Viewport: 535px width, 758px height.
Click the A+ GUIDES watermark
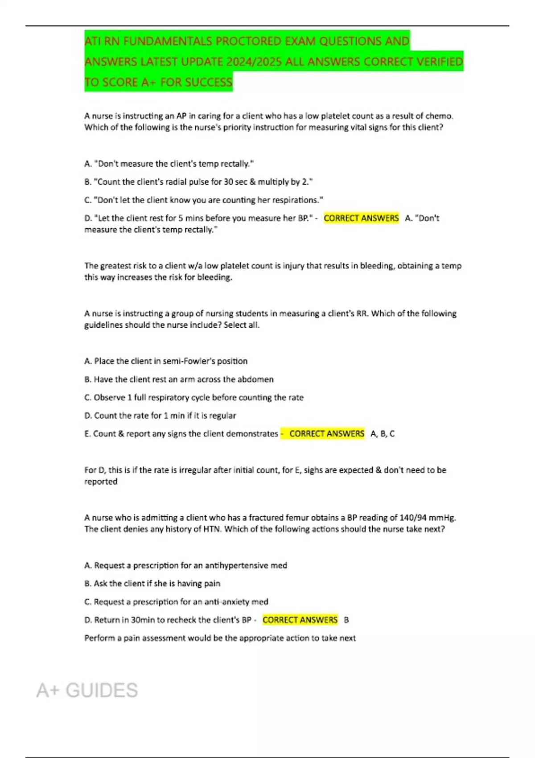tap(87, 691)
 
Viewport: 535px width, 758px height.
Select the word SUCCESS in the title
tap(209, 82)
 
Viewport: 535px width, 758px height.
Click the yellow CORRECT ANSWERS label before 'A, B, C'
tap(326, 434)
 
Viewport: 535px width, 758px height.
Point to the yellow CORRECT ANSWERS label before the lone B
tap(300, 620)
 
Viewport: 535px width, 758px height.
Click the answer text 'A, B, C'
tap(383, 434)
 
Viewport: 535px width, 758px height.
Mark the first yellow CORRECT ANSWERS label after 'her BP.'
tap(361, 218)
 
